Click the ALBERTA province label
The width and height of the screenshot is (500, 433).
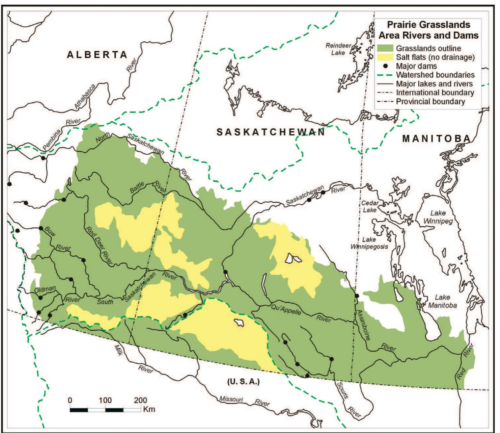pos(97,55)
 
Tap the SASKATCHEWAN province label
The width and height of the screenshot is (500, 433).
pos(271,132)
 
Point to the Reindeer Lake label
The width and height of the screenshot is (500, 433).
pos(338,49)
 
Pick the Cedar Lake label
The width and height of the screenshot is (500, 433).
pos(370,206)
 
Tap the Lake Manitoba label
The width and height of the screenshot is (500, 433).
pos(442,301)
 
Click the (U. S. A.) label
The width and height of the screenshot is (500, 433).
pos(243,382)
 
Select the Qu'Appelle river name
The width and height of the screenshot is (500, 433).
pos(286,310)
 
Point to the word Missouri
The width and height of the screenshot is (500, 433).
pos(231,399)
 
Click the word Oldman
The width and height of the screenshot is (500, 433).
pos(45,289)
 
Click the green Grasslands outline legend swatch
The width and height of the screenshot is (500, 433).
pos(385,48)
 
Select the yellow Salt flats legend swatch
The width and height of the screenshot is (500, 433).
pos(385,57)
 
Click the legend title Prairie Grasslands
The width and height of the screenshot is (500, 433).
pos(428,25)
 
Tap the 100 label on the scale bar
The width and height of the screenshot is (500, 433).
pos(105,400)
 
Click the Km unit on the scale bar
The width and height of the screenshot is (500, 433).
pos(149,409)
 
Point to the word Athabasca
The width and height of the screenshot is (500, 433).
pos(85,96)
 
